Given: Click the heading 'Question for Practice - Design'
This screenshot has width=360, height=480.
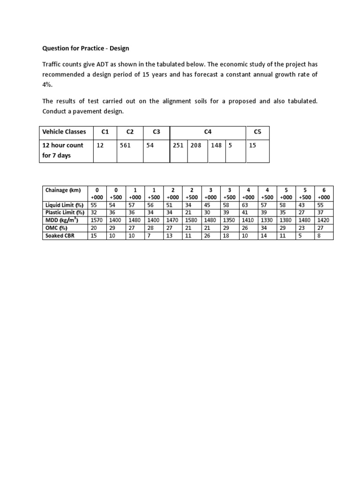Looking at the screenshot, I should pyautogui.click(x=86, y=48).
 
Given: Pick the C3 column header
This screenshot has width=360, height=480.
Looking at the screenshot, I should pyautogui.click(x=156, y=132).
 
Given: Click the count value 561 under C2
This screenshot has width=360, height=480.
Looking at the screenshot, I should pyautogui.click(x=125, y=145).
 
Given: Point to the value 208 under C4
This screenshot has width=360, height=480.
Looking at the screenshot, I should pyautogui.click(x=196, y=145).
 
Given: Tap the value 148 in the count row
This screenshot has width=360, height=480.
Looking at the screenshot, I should pyautogui.click(x=216, y=145).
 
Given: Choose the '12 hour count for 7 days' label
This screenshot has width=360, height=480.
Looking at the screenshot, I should pyautogui.click(x=63, y=150).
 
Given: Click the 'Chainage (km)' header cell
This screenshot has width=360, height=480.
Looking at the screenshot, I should pyautogui.click(x=63, y=190).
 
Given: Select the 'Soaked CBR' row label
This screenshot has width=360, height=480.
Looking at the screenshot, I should pyautogui.click(x=59, y=236).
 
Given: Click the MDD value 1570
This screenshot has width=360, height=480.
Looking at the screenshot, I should pyautogui.click(x=97, y=220).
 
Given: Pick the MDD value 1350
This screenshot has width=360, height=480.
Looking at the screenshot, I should pyautogui.click(x=229, y=220).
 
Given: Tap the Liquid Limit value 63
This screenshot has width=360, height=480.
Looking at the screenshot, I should pyautogui.click(x=244, y=205).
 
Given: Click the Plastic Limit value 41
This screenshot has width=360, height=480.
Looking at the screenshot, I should pyautogui.click(x=244, y=212).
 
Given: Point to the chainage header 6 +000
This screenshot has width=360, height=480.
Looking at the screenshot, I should pyautogui.click(x=324, y=194).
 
